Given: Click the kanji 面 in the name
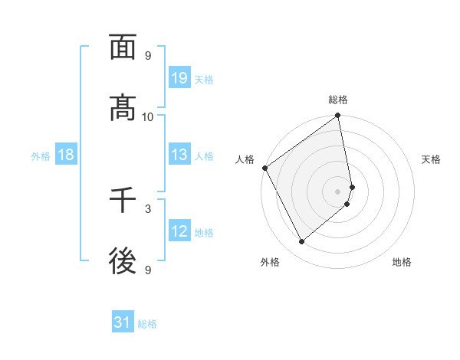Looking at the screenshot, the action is coord(123,47).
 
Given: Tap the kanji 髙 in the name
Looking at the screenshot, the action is coord(123,109).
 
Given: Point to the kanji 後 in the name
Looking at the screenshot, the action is coord(123,262).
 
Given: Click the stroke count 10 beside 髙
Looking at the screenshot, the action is coord(148,116).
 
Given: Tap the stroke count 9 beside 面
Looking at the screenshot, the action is coord(148,55).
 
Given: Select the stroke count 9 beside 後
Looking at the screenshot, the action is coord(148,270).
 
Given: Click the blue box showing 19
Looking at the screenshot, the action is coord(179,77).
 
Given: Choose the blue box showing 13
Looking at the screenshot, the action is coord(179,155).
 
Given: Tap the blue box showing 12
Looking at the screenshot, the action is coord(179,231).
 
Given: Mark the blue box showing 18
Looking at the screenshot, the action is coord(66,155).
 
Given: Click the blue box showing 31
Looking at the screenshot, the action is coord(123,322).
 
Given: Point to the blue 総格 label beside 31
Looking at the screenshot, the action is coord(147,324).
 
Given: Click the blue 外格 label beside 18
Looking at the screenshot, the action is coord(41,155).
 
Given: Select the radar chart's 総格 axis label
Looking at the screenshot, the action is coord(338,100).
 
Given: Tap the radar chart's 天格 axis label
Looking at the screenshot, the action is coord(432,159).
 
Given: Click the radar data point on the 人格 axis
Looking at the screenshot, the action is coord(264,168).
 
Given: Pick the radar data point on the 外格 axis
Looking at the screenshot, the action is coord(302,242).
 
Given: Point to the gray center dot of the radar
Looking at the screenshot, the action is coord(338,191).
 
